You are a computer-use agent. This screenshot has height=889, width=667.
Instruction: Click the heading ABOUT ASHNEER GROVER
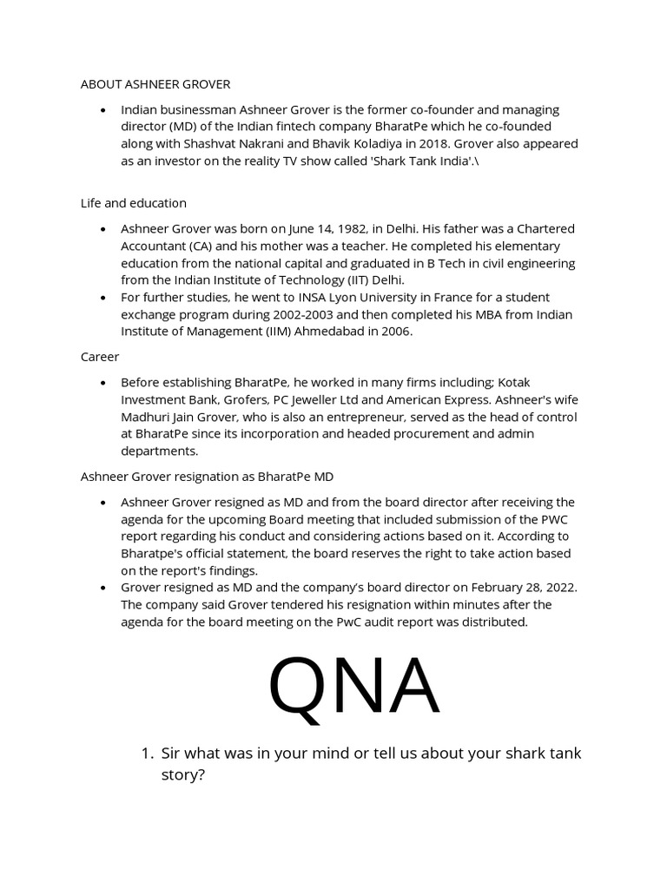pos(155,84)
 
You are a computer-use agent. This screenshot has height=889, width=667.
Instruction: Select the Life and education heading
pos(133,202)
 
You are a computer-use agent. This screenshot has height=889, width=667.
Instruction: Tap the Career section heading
pos(100,356)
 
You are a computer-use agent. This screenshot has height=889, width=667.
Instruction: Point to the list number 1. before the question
pos(147,754)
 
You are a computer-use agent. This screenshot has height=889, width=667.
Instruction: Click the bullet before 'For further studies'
pos(103,297)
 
